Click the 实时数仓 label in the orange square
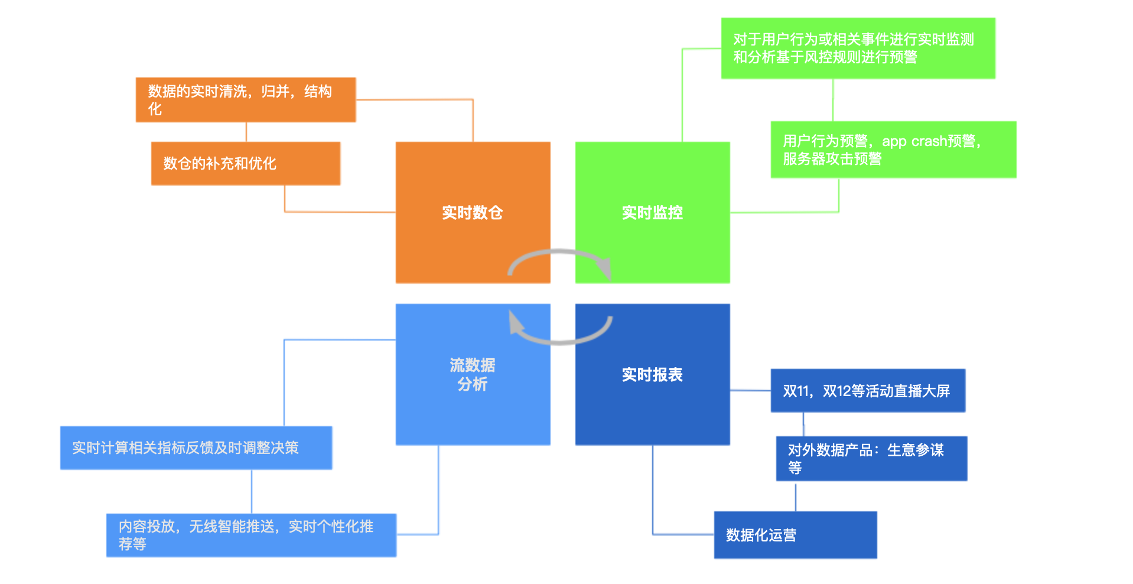click(472, 213)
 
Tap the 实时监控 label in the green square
click(652, 213)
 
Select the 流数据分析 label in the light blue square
click(472, 375)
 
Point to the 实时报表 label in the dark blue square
click(652, 375)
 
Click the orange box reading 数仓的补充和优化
click(245, 163)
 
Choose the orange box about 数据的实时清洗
click(245, 100)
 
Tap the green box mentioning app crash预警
click(893, 150)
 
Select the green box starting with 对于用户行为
click(857, 48)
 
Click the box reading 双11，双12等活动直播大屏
click(867, 391)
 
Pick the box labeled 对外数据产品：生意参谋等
click(871, 459)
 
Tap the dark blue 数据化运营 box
click(795, 535)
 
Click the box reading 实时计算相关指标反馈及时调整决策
click(196, 448)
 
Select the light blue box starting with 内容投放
click(251, 535)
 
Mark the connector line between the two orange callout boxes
click(246, 132)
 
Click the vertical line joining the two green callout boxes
click(833, 100)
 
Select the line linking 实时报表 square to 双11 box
click(750, 391)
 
